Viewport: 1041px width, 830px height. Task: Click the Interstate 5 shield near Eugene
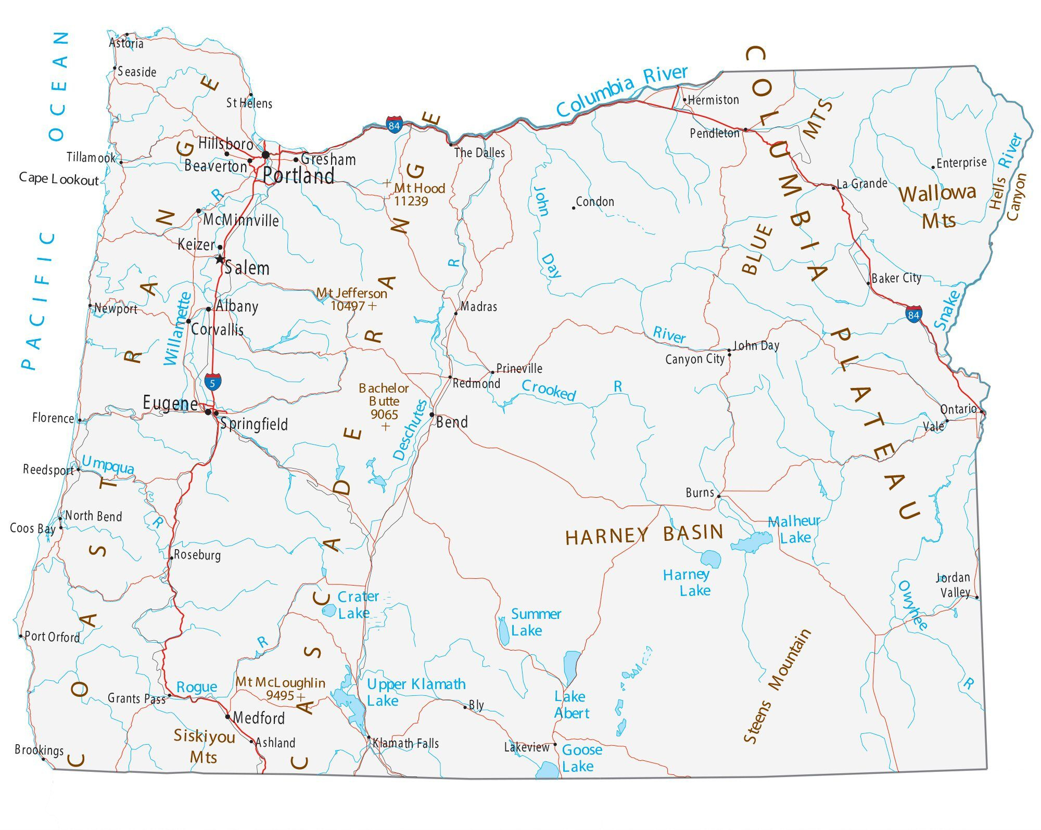pos(212,382)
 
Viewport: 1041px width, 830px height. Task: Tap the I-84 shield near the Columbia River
pos(394,125)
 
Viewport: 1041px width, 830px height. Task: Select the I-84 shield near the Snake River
pos(913,314)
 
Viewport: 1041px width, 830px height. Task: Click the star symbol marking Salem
pos(220,258)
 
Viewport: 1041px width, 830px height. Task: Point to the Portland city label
pos(298,176)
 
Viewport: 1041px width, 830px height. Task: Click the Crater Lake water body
pos(329,610)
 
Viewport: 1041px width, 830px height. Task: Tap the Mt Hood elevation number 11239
pos(411,201)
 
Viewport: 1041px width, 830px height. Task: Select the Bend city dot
pos(431,414)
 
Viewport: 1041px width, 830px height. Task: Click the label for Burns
pos(700,492)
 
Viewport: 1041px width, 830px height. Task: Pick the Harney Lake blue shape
pos(710,559)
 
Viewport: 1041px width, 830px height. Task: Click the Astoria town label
pos(126,43)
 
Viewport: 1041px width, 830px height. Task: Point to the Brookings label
pos(39,749)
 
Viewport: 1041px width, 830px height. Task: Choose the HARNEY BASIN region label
pos(644,534)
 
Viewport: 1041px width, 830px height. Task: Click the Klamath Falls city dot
pos(369,737)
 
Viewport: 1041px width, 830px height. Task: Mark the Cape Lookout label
pos(58,179)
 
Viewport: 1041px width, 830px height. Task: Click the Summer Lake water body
pos(503,631)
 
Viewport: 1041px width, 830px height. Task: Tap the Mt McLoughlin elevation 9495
pos(280,695)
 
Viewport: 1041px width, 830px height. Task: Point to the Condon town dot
pos(574,208)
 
